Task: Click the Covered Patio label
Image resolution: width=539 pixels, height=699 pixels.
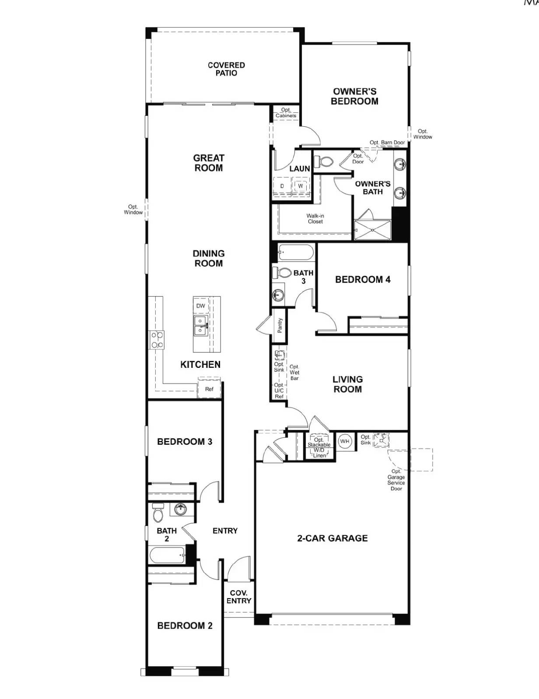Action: pyautogui.click(x=226, y=69)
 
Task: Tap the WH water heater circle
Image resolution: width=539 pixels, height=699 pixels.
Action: pyautogui.click(x=345, y=441)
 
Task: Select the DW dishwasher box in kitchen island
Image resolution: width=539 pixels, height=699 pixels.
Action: pyautogui.click(x=200, y=306)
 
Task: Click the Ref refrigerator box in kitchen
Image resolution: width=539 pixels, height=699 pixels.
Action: pyautogui.click(x=209, y=389)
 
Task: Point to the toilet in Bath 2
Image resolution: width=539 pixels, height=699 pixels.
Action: pyautogui.click(x=158, y=513)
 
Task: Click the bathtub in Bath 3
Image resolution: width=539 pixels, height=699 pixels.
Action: pyautogui.click(x=296, y=253)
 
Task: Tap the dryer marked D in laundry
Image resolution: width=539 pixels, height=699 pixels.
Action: pyautogui.click(x=282, y=186)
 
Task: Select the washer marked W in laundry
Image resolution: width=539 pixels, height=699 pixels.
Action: pyautogui.click(x=301, y=186)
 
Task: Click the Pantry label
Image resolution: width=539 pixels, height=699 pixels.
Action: pyautogui.click(x=280, y=325)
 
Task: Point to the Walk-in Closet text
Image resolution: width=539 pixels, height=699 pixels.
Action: pyautogui.click(x=315, y=218)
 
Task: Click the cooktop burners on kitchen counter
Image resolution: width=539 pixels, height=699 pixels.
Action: pyautogui.click(x=157, y=340)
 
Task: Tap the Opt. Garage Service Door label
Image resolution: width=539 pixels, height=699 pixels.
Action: pyautogui.click(x=396, y=480)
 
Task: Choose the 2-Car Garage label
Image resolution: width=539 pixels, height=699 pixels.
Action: pyautogui.click(x=332, y=538)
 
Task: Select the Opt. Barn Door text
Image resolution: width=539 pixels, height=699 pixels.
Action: pyautogui.click(x=387, y=142)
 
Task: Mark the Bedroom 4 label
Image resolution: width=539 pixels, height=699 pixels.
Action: pyautogui.click(x=363, y=280)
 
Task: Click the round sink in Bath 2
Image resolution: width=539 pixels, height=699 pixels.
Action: pyautogui.click(x=180, y=509)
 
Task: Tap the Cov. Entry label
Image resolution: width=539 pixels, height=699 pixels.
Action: pyautogui.click(x=239, y=597)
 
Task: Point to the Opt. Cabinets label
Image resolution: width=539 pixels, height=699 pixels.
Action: pyautogui.click(x=286, y=113)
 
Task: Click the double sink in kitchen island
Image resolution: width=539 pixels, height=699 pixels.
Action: pyautogui.click(x=200, y=326)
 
